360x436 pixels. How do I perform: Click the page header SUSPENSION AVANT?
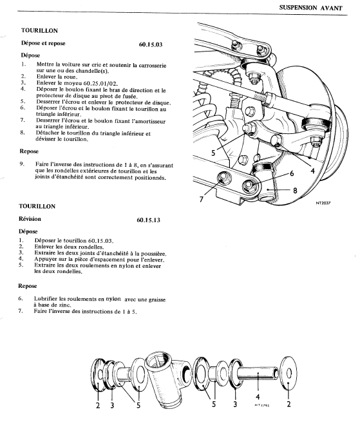[x=310, y=8]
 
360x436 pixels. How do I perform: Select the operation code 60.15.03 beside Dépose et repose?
[x=151, y=44]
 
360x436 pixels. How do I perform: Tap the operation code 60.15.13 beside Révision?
[x=149, y=220]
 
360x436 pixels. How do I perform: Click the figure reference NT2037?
[x=323, y=203]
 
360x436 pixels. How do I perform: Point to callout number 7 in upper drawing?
[x=202, y=199]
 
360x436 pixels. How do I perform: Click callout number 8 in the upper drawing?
[x=295, y=191]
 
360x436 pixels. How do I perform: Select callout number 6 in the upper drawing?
[x=292, y=173]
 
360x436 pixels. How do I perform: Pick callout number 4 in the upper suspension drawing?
[x=312, y=171]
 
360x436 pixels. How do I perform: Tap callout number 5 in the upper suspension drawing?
[x=213, y=153]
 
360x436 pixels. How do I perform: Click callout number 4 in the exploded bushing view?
[x=258, y=397]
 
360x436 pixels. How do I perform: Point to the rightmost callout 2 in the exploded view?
[x=289, y=404]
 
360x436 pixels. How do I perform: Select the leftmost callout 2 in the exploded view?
[x=98, y=406]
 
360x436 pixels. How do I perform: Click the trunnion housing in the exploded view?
[x=168, y=379]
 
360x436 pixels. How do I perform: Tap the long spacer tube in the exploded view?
[x=258, y=373]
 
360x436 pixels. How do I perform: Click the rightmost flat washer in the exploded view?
[x=289, y=373]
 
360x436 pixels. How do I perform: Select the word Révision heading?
[x=30, y=219]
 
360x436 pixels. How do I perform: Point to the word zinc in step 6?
[x=64, y=305]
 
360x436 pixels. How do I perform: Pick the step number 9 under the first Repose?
[x=22, y=164]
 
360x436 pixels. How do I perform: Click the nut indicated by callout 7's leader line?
[x=223, y=178]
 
